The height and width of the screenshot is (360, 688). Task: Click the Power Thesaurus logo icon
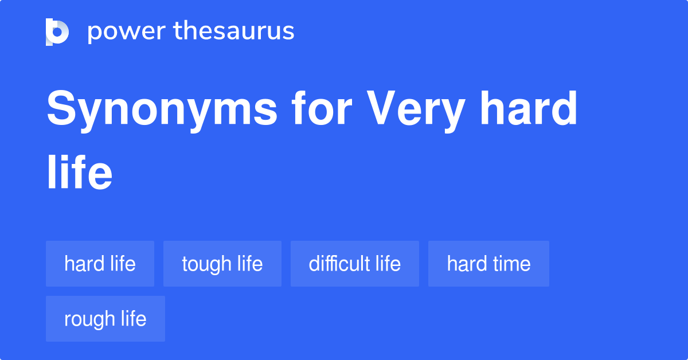point(57,32)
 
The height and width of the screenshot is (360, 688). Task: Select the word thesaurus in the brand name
point(234,32)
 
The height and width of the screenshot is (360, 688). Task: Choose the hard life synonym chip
point(100,264)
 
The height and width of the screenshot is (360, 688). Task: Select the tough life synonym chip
point(222,264)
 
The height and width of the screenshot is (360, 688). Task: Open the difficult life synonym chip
point(354,264)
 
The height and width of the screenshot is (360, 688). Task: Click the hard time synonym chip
point(488,264)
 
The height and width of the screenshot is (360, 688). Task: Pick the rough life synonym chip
point(105,319)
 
